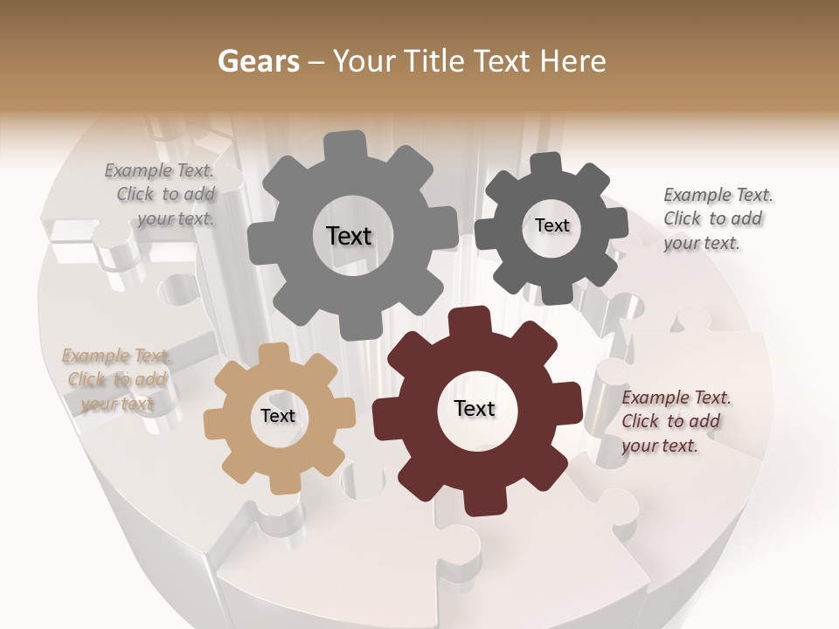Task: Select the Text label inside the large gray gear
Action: click(349, 236)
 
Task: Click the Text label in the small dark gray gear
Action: click(551, 225)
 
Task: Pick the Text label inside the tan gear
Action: click(278, 416)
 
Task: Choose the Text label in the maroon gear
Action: click(475, 408)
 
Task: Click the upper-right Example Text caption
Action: click(718, 218)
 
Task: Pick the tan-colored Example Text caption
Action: click(116, 379)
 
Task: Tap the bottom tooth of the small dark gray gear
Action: click(556, 294)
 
